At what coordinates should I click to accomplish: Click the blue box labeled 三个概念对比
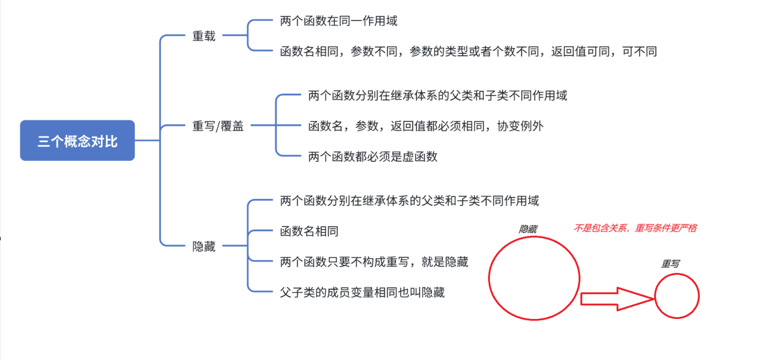[77, 140]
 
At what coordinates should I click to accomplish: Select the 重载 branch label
[204, 36]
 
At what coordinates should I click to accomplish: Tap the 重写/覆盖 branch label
[218, 126]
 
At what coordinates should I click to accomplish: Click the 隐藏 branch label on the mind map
[204, 246]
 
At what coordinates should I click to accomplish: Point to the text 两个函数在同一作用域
[338, 21]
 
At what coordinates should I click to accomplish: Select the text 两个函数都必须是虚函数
[372, 156]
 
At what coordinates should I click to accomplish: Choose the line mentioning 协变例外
[425, 126]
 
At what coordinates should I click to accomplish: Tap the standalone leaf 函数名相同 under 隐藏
[309, 231]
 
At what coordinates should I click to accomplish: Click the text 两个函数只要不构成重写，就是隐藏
[374, 261]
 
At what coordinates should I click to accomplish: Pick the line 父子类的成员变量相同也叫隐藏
[362, 292]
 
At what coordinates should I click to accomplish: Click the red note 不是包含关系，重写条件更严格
[635, 228]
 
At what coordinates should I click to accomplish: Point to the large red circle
[534, 278]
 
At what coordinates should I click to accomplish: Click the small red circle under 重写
[677, 296]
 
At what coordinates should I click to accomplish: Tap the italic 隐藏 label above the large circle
[528, 229]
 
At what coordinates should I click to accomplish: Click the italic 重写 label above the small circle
[670, 264]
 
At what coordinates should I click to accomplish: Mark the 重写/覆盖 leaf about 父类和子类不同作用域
[437, 95]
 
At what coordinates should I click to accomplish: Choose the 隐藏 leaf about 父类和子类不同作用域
[409, 201]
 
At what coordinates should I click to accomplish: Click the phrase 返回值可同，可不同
[604, 51]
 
